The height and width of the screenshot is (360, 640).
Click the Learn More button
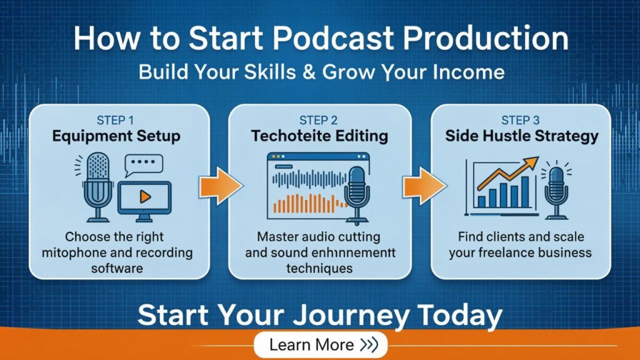(320, 344)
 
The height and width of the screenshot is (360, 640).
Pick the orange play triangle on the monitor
(146, 197)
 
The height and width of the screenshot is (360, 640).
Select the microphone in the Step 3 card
(554, 187)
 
